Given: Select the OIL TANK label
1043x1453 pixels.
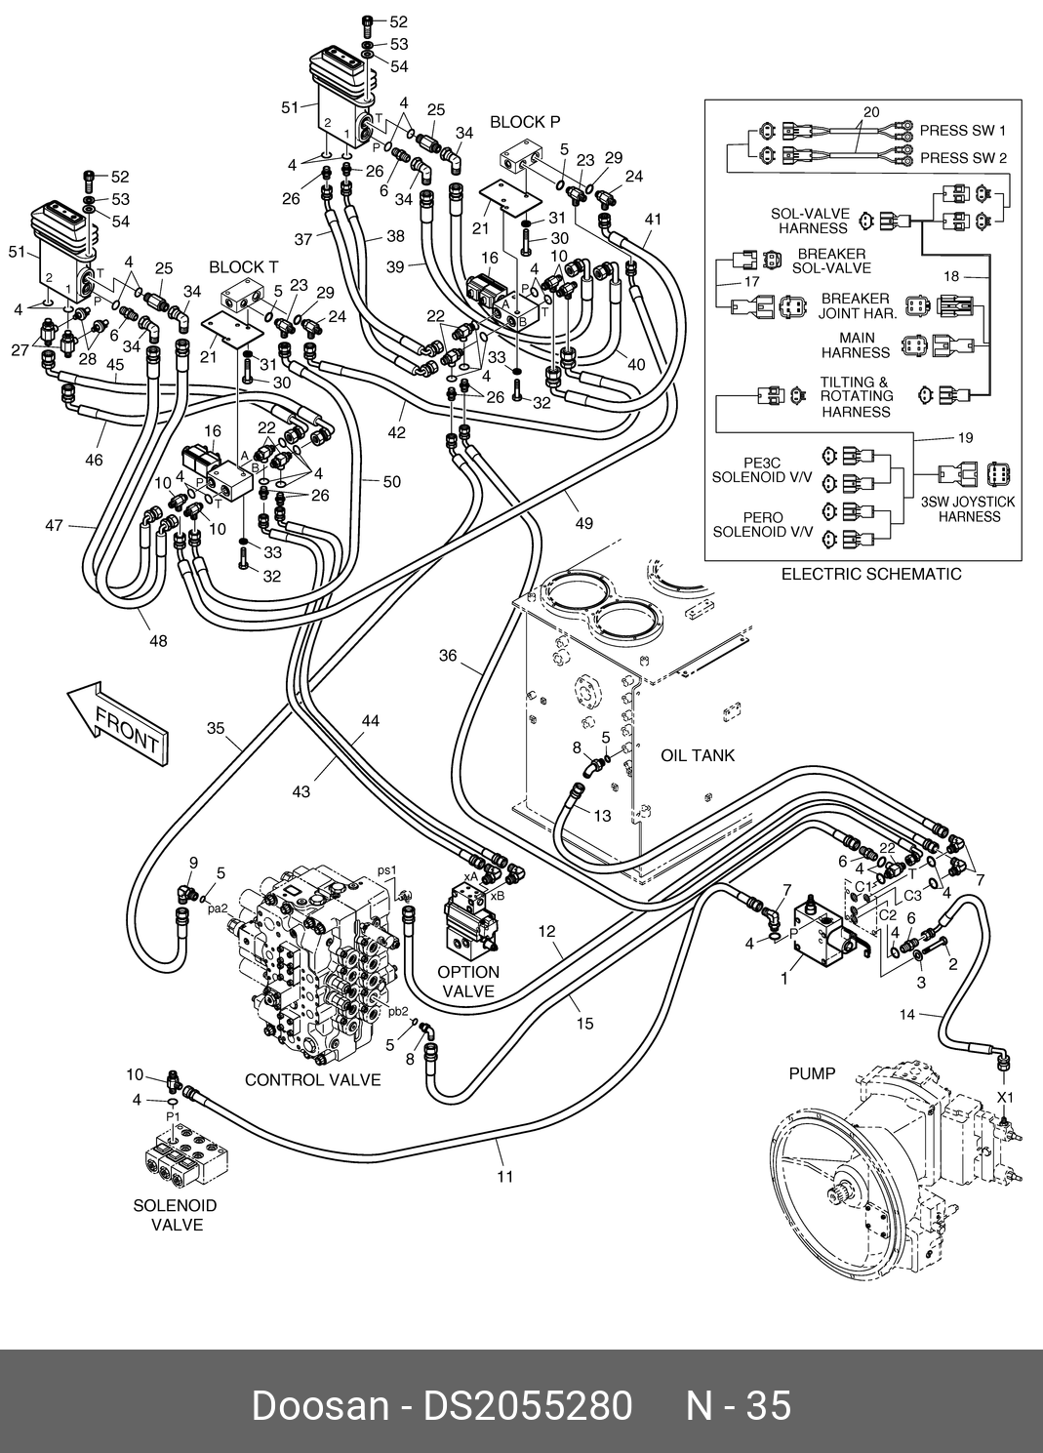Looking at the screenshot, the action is [x=698, y=755].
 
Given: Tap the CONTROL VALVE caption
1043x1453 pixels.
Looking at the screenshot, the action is [x=312, y=1080].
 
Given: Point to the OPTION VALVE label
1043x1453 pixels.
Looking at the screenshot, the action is [x=468, y=982].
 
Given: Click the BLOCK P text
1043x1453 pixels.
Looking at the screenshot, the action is [x=525, y=122].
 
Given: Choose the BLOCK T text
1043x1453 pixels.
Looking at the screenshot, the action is [x=243, y=267].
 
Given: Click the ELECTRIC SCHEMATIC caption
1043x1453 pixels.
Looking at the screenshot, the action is [x=871, y=574].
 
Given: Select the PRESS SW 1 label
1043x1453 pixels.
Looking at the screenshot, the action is [x=963, y=131].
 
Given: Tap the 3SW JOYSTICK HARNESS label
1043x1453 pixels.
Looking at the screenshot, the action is [x=969, y=509].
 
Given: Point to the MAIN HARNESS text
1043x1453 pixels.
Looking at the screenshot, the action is [x=857, y=345].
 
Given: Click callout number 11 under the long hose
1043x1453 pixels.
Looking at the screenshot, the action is [x=505, y=1176].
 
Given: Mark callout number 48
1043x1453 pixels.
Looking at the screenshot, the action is [x=158, y=641].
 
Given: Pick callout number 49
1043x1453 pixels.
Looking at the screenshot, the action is [x=583, y=523].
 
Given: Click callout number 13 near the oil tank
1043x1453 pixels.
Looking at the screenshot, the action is [x=603, y=816].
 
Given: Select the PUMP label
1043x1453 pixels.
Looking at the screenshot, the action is [x=812, y=1074].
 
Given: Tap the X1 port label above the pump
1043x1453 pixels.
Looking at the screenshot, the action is [x=1005, y=1098].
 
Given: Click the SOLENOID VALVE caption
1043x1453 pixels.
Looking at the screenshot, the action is [x=176, y=1215].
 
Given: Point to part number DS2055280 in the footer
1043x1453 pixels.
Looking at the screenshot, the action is [x=527, y=1406].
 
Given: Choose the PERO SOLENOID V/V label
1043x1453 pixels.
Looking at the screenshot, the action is [x=763, y=525].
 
